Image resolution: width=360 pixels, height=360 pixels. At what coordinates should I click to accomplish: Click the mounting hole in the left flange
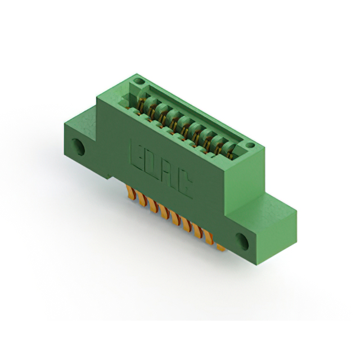click(78, 147)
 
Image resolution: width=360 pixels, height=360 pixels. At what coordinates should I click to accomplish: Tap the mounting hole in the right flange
click(242, 242)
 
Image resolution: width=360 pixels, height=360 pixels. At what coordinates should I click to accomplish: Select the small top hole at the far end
click(138, 81)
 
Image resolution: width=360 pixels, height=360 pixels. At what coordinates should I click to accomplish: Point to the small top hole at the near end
click(250, 145)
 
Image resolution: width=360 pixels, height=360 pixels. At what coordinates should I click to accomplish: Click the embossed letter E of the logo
click(137, 154)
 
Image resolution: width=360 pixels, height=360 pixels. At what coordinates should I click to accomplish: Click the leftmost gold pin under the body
click(131, 192)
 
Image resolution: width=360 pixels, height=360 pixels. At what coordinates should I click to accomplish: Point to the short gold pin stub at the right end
click(221, 247)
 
